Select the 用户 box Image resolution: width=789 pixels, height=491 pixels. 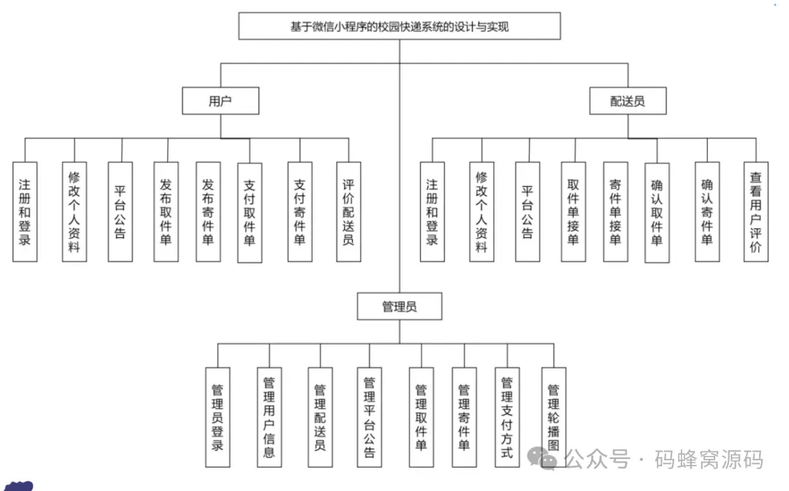(220, 101)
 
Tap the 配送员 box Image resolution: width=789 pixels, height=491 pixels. (628, 101)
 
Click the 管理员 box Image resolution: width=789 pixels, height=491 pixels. (400, 306)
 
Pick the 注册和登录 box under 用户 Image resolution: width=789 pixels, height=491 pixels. (25, 212)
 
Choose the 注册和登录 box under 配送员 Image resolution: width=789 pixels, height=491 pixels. (432, 212)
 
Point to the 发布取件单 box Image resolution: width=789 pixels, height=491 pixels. (166, 212)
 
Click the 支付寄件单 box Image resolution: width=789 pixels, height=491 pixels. (299, 212)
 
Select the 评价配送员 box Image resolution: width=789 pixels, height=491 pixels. (348, 212)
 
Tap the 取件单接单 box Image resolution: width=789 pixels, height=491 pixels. (573, 212)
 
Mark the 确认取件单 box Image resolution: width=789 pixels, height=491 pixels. (657, 212)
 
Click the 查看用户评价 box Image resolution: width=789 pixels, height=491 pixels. (755, 212)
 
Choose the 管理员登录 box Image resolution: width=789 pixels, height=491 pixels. (218, 417)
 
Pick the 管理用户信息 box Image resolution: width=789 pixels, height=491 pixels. (269, 417)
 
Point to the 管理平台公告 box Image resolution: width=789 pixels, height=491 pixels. (369, 417)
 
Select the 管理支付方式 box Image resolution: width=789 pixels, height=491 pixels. (507, 417)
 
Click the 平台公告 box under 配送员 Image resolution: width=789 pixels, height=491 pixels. (527, 212)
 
